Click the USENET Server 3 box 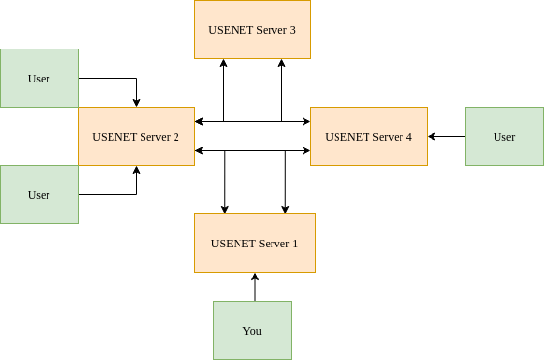[x=252, y=29]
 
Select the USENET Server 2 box [x=136, y=136]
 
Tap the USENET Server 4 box [x=368, y=136]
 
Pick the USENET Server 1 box [x=255, y=243]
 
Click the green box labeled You [x=252, y=330]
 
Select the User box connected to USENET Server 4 [x=504, y=136]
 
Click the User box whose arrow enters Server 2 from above [x=39, y=78]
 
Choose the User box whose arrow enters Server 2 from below [x=39, y=194]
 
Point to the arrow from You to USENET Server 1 [x=255, y=288]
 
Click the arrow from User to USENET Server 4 [x=448, y=136]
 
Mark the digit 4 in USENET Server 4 [x=408, y=137]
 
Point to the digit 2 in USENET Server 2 [x=176, y=137]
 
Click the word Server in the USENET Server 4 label [x=384, y=137]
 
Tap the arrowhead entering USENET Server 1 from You [x=255, y=277]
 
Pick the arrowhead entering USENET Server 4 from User [x=432, y=136]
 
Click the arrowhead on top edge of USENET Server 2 [x=136, y=102]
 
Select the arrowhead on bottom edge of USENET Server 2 [x=136, y=170]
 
